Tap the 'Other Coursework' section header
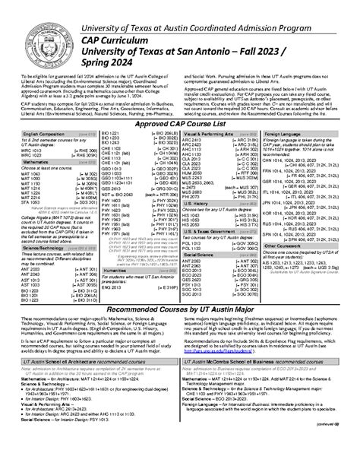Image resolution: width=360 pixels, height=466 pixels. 283,268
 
